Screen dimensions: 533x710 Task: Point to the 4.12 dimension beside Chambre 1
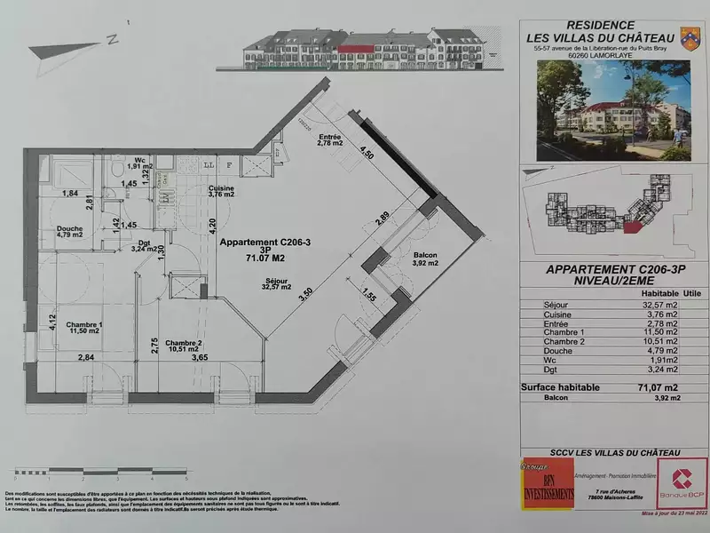[51, 320]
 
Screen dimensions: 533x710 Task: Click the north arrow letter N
[113, 39]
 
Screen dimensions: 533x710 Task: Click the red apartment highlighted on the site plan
[632, 227]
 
